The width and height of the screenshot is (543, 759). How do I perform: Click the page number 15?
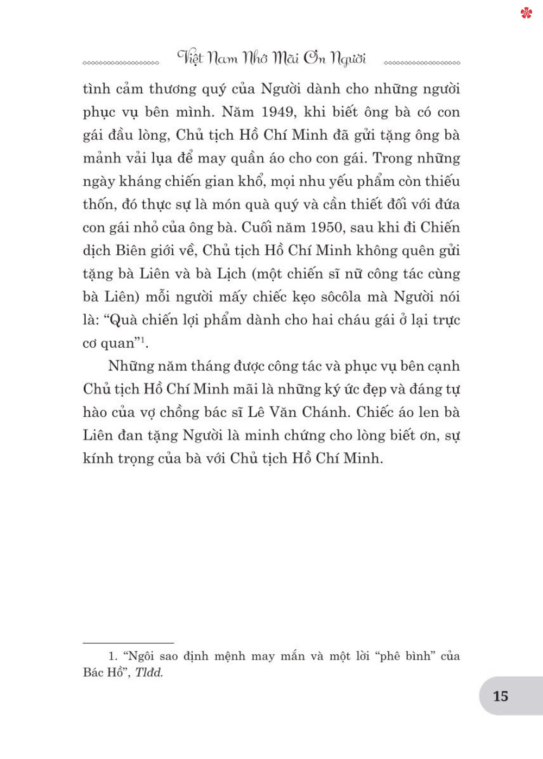(x=500, y=696)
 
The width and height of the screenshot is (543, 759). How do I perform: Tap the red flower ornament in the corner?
(x=526, y=13)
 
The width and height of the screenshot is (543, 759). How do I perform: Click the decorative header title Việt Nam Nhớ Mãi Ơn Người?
(x=271, y=58)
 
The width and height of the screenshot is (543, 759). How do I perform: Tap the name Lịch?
(x=231, y=274)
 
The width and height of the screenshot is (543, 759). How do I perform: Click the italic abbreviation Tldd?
(x=149, y=673)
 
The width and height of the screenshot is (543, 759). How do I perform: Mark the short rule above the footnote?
(x=128, y=643)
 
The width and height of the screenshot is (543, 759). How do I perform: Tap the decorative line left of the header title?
(x=121, y=63)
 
